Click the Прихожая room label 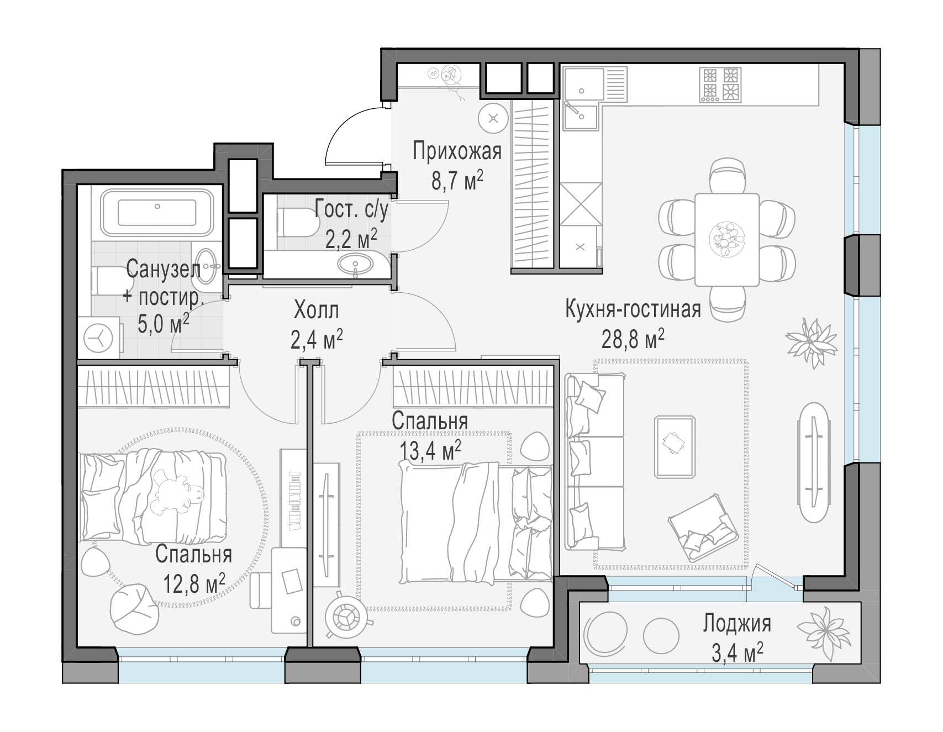[457, 151]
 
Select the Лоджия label [737, 624]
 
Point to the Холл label [316, 311]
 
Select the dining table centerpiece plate [726, 239]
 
